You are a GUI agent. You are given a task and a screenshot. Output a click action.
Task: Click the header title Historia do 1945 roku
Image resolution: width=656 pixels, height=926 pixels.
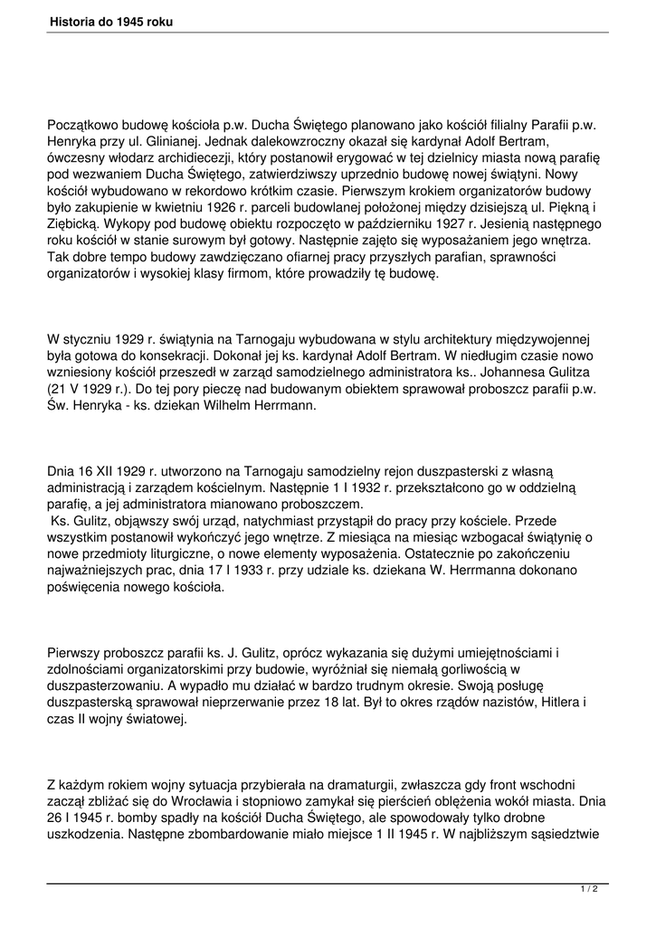click(x=111, y=21)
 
